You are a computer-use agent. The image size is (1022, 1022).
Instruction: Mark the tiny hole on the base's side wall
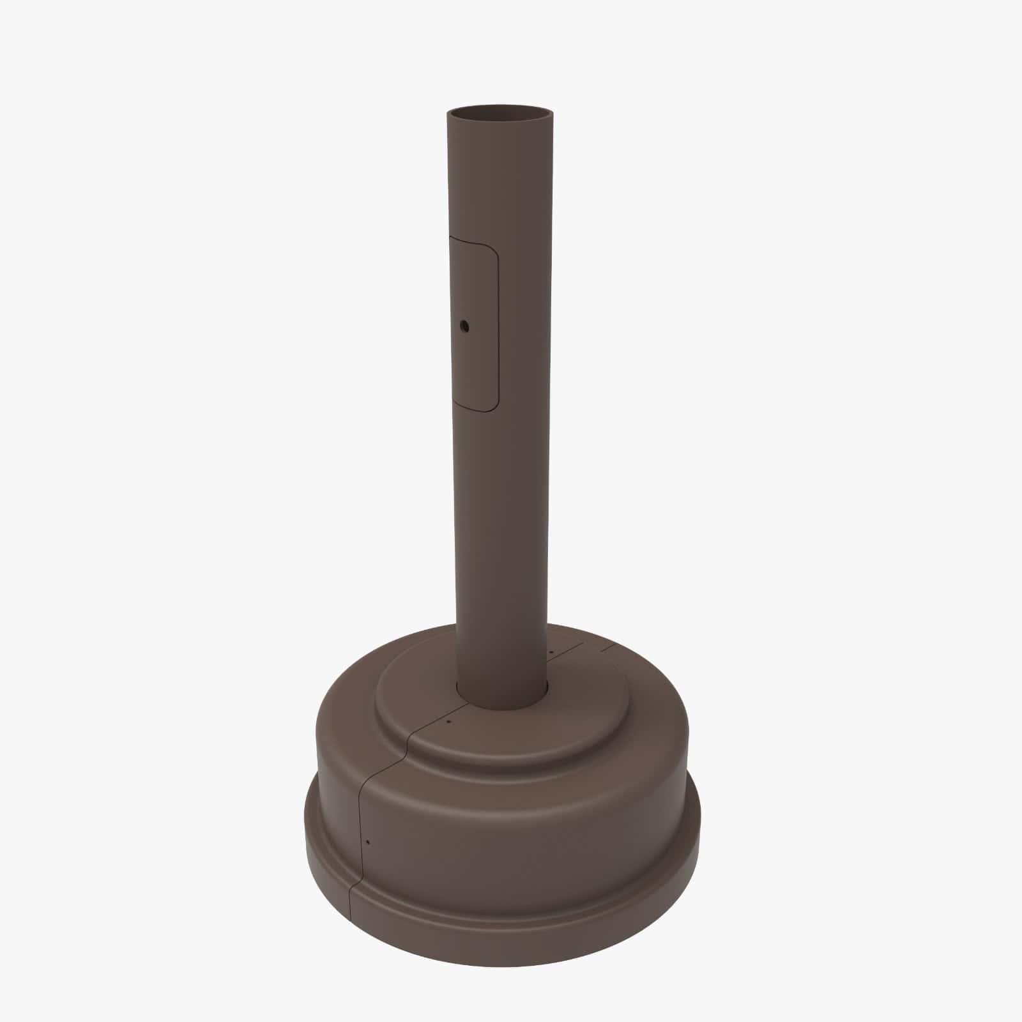coord(369,842)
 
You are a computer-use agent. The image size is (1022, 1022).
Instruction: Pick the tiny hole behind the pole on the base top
coord(551,652)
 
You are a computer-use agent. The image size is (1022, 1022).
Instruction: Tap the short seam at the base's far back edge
coord(607,647)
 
